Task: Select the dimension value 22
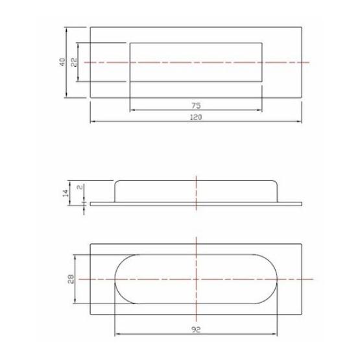[x=74, y=62]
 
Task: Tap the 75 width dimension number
[x=195, y=104]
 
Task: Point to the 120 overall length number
[x=195, y=117]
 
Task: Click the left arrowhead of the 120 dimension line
[x=92, y=121]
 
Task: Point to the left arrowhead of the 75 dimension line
[x=132, y=108]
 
